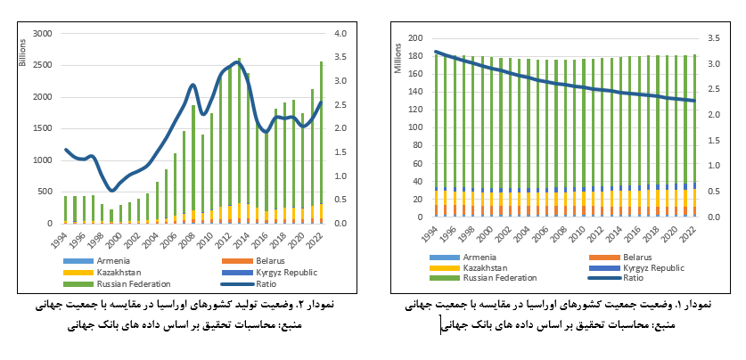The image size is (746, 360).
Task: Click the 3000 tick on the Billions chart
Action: click(43, 34)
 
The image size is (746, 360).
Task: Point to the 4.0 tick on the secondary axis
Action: click(340, 34)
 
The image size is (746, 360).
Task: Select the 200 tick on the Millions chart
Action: click(414, 38)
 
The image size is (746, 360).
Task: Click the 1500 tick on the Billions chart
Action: click(43, 129)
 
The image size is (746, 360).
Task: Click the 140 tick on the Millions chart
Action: click(414, 92)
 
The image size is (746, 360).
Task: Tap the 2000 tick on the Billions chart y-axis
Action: click(43, 97)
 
